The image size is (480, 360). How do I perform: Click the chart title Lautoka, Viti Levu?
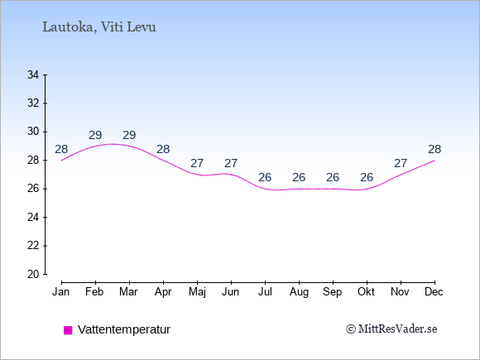(99, 27)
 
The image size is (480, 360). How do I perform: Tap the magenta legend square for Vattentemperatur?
(68, 330)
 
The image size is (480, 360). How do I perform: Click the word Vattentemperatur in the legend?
(124, 329)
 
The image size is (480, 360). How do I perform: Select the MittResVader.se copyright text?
(391, 329)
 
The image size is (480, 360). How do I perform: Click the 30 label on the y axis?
(33, 132)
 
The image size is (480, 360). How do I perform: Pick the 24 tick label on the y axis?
(33, 218)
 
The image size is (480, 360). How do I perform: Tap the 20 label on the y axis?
(33, 274)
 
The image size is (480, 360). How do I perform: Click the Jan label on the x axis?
(61, 292)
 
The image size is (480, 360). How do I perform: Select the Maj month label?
(197, 292)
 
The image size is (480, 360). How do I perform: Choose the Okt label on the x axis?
(366, 292)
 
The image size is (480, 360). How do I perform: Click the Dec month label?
(434, 292)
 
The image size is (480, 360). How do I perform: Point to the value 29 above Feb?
(95, 135)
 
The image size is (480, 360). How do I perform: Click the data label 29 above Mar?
(129, 135)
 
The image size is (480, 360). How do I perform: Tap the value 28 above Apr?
(163, 150)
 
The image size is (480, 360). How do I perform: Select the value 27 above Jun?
(231, 164)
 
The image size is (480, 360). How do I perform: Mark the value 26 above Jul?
(265, 178)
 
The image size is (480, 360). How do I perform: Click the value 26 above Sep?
(333, 178)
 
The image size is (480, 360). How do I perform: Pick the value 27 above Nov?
(401, 164)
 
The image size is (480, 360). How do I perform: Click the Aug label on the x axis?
(299, 292)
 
